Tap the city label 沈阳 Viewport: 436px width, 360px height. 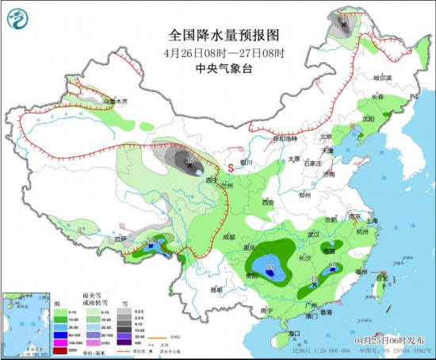pos(367,118)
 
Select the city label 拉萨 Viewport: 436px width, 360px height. pos(120,238)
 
